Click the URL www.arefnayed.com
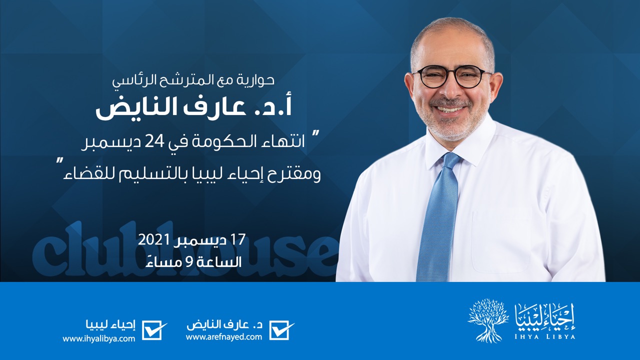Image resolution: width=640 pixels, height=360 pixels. click(224, 336)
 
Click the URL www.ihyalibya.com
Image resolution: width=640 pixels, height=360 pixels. click(99, 339)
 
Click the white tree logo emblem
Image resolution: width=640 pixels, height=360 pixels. click(488, 320)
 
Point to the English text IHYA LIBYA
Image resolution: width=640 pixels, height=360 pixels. click(544, 336)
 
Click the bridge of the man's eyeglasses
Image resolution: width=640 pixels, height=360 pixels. click(451, 75)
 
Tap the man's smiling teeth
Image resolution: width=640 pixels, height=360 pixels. click(449, 109)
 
